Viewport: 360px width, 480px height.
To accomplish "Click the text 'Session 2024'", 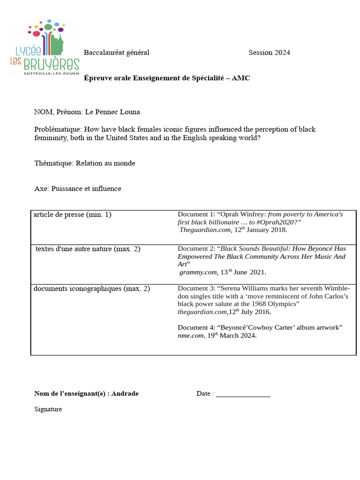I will click(269, 52).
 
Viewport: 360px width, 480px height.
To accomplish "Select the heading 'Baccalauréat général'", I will click(116, 52).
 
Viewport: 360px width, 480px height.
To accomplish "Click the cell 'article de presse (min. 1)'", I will click(72, 215).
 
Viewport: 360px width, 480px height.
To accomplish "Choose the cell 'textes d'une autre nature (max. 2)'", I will click(88, 249).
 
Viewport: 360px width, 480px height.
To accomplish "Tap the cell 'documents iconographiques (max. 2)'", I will click(91, 289).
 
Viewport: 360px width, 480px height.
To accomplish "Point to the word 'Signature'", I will click(48, 409).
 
